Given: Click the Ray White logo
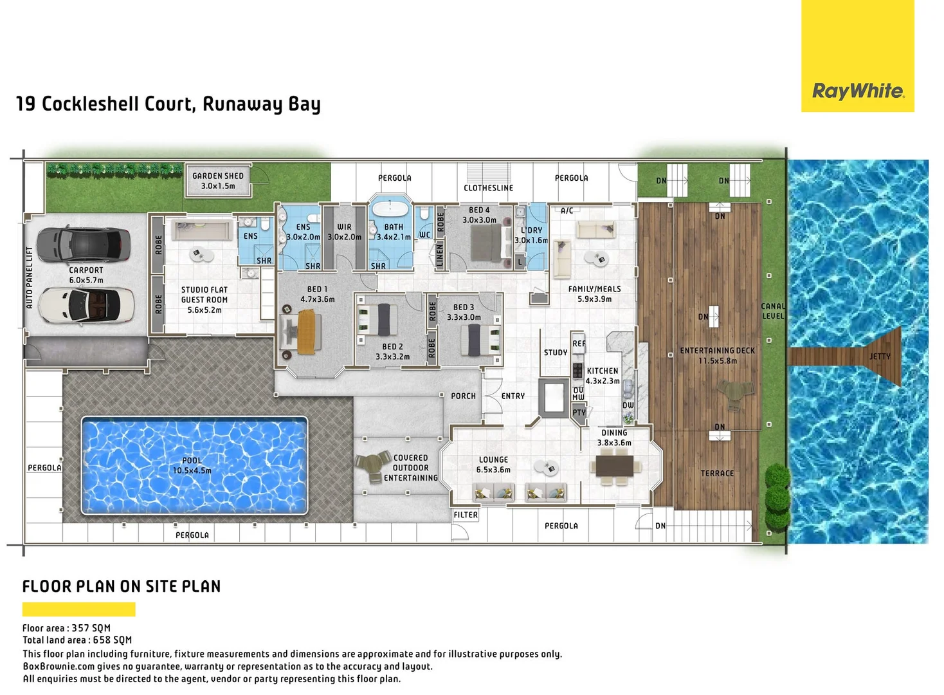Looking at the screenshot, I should (x=858, y=91).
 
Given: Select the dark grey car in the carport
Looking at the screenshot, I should (x=84, y=244).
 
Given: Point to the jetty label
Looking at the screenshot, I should (x=880, y=356).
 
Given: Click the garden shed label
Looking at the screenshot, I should (x=218, y=181).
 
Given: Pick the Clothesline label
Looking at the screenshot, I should (x=488, y=188).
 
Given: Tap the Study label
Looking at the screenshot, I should (x=556, y=353).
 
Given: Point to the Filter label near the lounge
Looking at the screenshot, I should (x=466, y=515).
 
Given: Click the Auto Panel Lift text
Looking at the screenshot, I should (x=29, y=277).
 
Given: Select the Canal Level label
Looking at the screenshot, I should (x=773, y=311).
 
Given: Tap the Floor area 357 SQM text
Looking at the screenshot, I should (x=66, y=628).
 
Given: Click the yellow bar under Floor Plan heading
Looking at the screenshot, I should (x=78, y=609).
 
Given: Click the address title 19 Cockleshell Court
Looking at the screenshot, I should (x=168, y=104).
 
